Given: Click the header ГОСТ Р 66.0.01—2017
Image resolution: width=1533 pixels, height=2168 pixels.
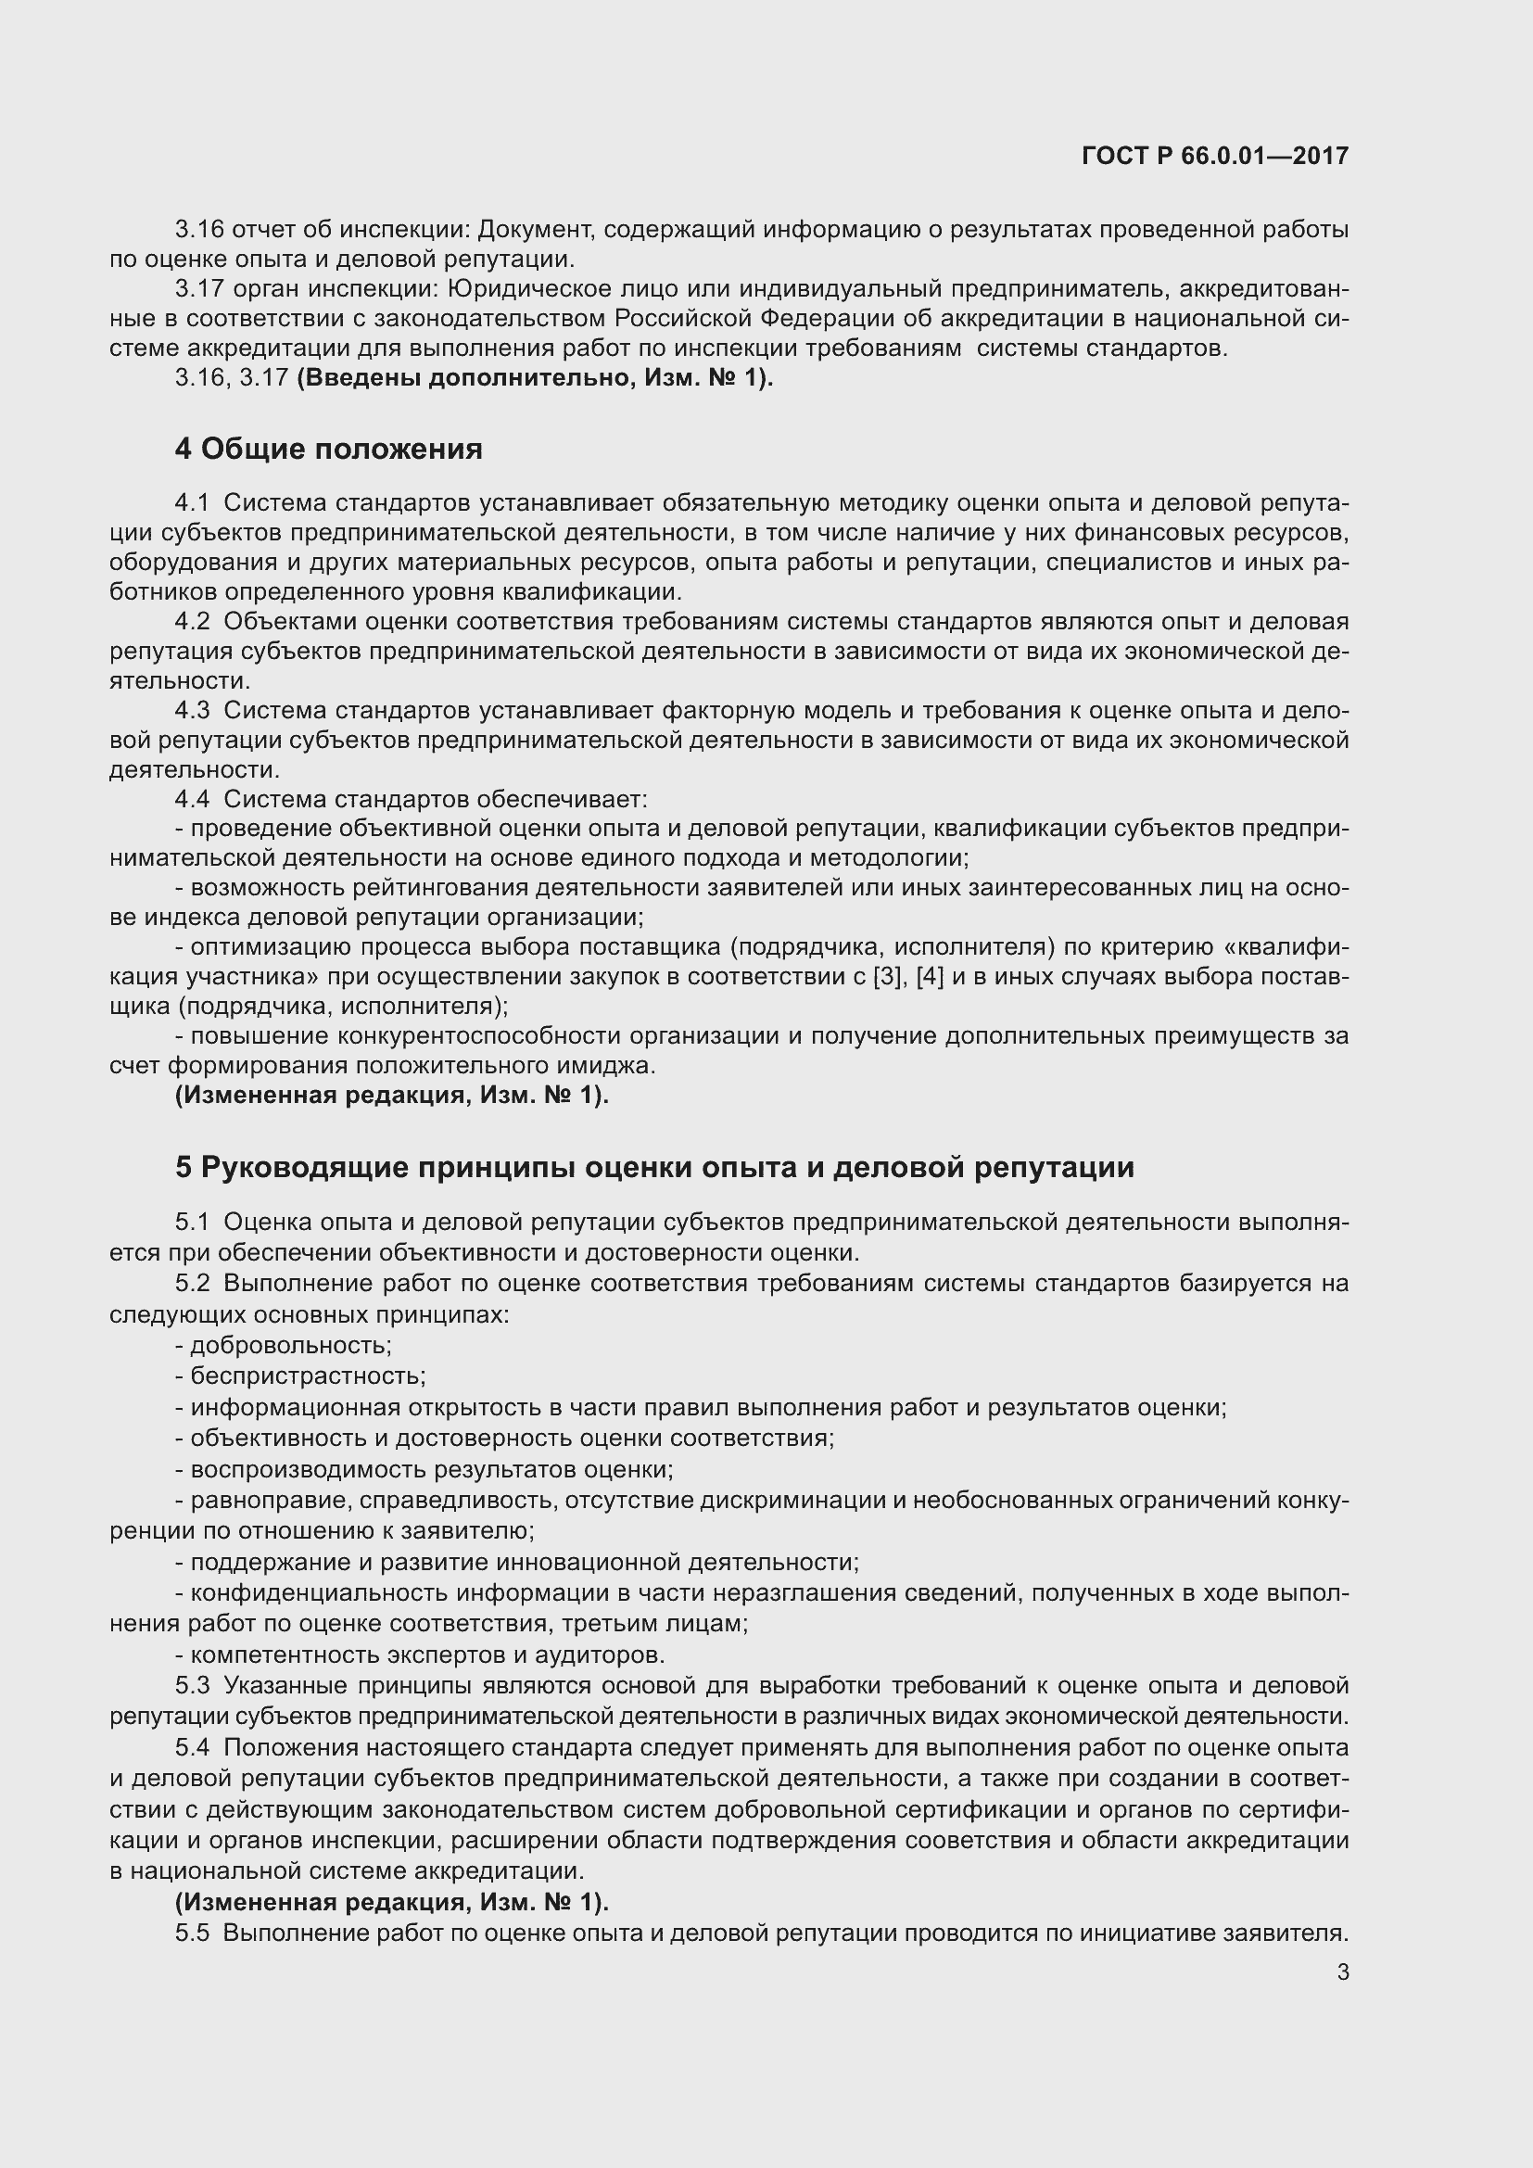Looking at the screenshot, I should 1215,156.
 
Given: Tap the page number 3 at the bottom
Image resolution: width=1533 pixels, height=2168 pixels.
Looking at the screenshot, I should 1342,1972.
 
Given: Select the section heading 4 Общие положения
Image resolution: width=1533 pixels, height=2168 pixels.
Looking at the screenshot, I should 327,450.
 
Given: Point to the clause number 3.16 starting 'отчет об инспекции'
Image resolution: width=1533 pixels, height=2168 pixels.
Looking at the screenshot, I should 198,230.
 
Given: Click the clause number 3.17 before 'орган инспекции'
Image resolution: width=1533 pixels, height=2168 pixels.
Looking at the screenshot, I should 198,289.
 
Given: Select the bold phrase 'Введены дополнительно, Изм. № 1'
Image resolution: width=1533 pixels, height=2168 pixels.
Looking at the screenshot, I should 534,379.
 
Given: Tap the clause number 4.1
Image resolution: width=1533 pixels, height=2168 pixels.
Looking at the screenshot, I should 192,503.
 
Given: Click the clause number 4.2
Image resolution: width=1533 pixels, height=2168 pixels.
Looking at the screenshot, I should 192,622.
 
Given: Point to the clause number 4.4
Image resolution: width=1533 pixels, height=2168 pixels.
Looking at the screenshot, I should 192,800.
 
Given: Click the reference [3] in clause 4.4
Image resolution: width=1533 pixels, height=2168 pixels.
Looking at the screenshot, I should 887,977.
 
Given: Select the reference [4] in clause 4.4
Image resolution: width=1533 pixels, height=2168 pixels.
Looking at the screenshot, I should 931,977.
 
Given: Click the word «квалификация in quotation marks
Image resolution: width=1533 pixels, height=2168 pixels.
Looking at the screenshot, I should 1289,947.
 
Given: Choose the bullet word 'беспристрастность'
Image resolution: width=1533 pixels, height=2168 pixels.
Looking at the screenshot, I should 307,1376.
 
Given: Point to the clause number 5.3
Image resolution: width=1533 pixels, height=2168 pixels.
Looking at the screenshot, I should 192,1685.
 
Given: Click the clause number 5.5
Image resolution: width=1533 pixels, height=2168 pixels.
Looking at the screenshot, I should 192,1933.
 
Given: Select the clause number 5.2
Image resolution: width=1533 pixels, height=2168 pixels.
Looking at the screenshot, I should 192,1283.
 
